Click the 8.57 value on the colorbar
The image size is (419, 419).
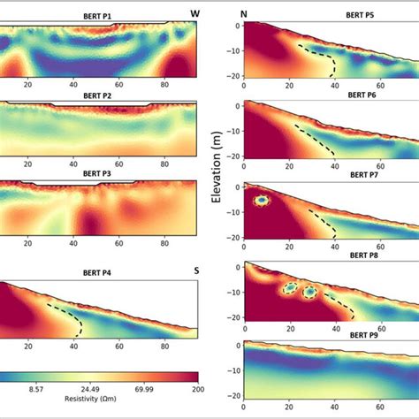pos(36,388)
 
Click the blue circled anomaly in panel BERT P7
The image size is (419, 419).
pos(261,201)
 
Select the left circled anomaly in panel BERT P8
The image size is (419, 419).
pos(290,288)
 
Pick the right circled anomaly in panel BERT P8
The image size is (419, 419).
pos(310,292)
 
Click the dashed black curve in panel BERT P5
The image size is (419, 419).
pos(324,60)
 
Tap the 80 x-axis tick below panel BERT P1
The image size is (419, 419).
pos(165,85)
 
